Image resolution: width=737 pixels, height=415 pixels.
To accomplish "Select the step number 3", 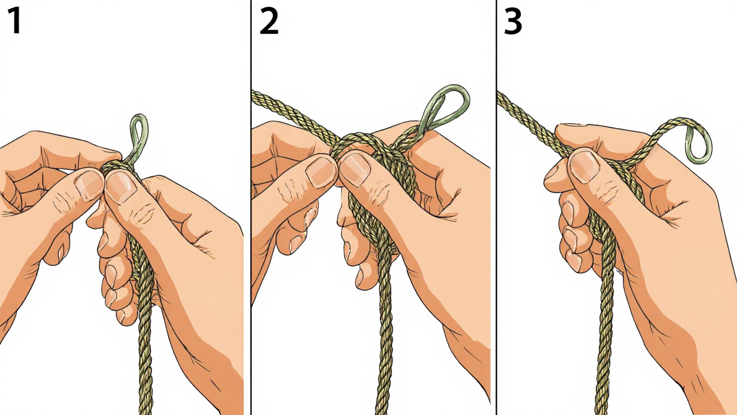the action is click(513, 22).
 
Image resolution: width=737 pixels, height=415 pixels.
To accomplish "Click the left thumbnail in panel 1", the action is click(89, 185).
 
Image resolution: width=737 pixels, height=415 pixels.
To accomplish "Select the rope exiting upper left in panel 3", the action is click(530, 123).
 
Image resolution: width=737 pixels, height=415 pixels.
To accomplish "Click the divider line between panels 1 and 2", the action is click(250, 207).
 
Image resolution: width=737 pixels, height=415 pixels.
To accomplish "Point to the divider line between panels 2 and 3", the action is click(496, 207).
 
